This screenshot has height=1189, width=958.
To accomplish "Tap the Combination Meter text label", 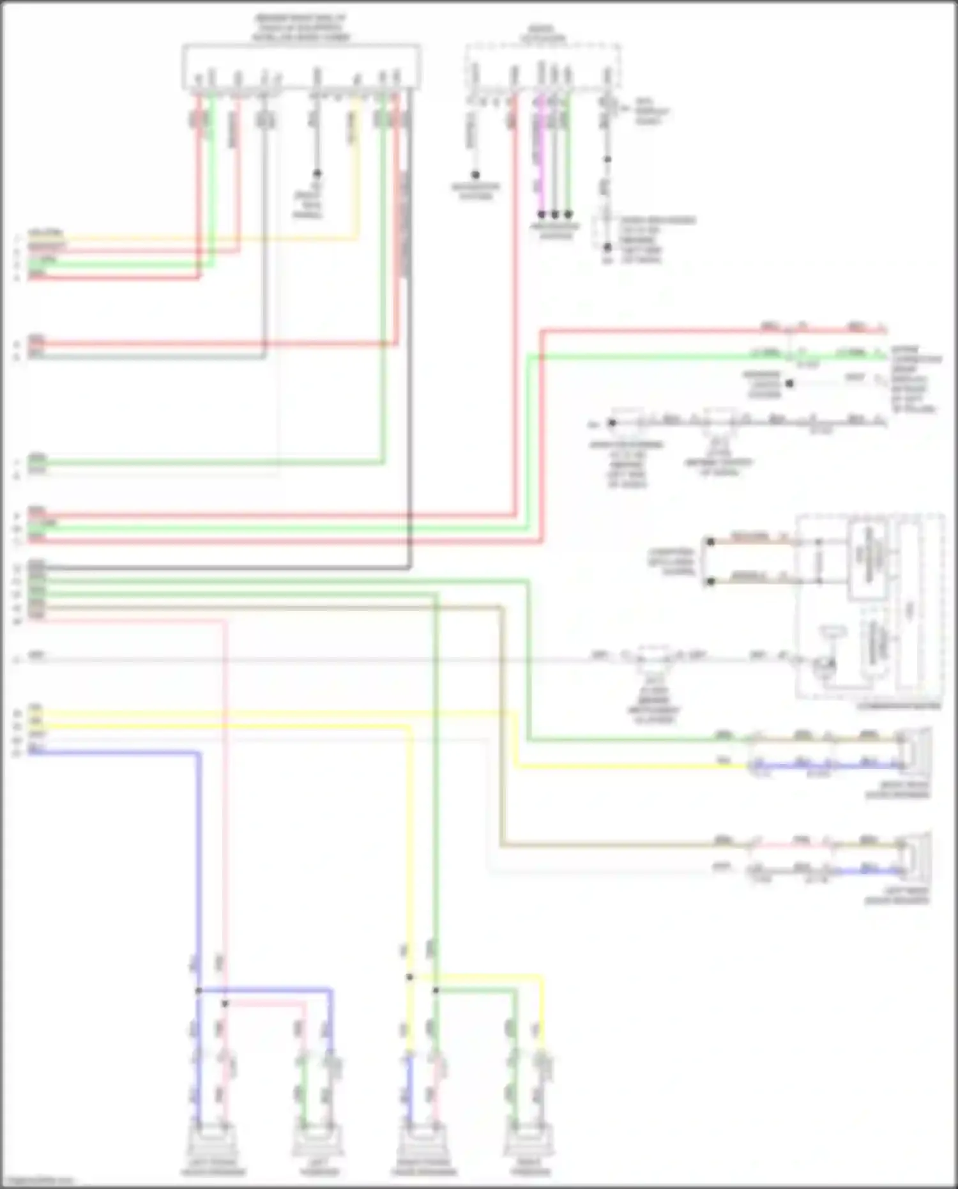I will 899,706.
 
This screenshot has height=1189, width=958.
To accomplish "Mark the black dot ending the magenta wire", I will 542,215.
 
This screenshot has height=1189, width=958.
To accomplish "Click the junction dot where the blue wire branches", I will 199,991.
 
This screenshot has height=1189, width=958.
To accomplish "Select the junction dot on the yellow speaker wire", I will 409,978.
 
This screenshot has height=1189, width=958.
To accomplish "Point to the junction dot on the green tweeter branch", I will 436,991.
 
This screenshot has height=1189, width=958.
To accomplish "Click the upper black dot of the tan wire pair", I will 710,542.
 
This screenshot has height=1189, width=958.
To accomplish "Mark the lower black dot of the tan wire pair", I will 710,582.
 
